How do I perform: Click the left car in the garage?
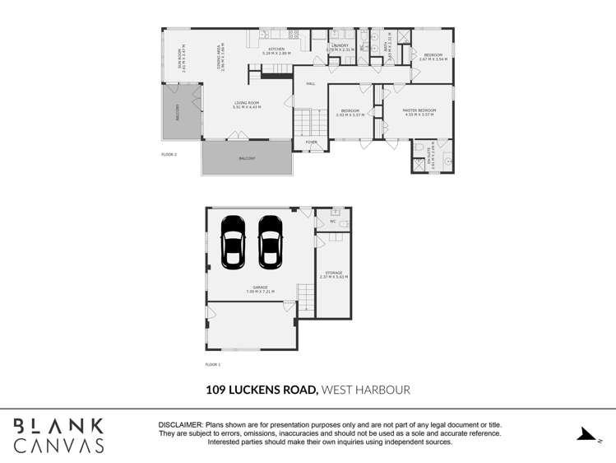233,241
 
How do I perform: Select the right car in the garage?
270,241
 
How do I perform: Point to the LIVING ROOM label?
246,105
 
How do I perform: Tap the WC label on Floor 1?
333,221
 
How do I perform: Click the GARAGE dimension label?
259,289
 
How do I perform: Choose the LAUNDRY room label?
340,47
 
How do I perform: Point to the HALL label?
311,84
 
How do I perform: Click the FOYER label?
311,142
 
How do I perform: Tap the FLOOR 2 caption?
169,153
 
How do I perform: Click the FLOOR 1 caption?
212,363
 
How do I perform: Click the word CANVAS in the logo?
59,446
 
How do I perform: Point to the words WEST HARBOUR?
365,390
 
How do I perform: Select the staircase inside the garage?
305,296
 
